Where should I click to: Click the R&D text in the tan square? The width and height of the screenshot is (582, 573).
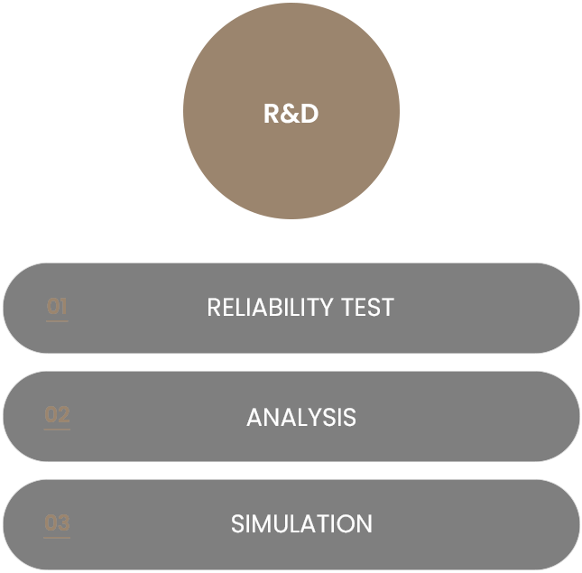291,115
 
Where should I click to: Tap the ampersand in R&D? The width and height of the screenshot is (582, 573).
291,115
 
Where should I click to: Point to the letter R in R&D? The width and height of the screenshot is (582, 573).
273,115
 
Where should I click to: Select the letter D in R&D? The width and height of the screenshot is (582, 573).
309,115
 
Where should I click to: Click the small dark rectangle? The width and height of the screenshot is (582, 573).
525,196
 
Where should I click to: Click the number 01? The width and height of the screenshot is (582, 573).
57,307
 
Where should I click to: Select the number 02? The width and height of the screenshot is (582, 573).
57,415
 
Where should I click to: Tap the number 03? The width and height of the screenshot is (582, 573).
57,523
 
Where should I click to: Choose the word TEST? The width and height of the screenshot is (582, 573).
367,308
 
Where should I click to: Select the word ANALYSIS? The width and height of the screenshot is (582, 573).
301,418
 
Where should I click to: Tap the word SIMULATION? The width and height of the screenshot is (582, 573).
301,524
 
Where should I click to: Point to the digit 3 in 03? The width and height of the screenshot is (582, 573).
63,523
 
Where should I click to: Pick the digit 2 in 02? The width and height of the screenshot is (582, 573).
63,415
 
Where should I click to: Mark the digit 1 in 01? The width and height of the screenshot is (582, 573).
63,307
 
